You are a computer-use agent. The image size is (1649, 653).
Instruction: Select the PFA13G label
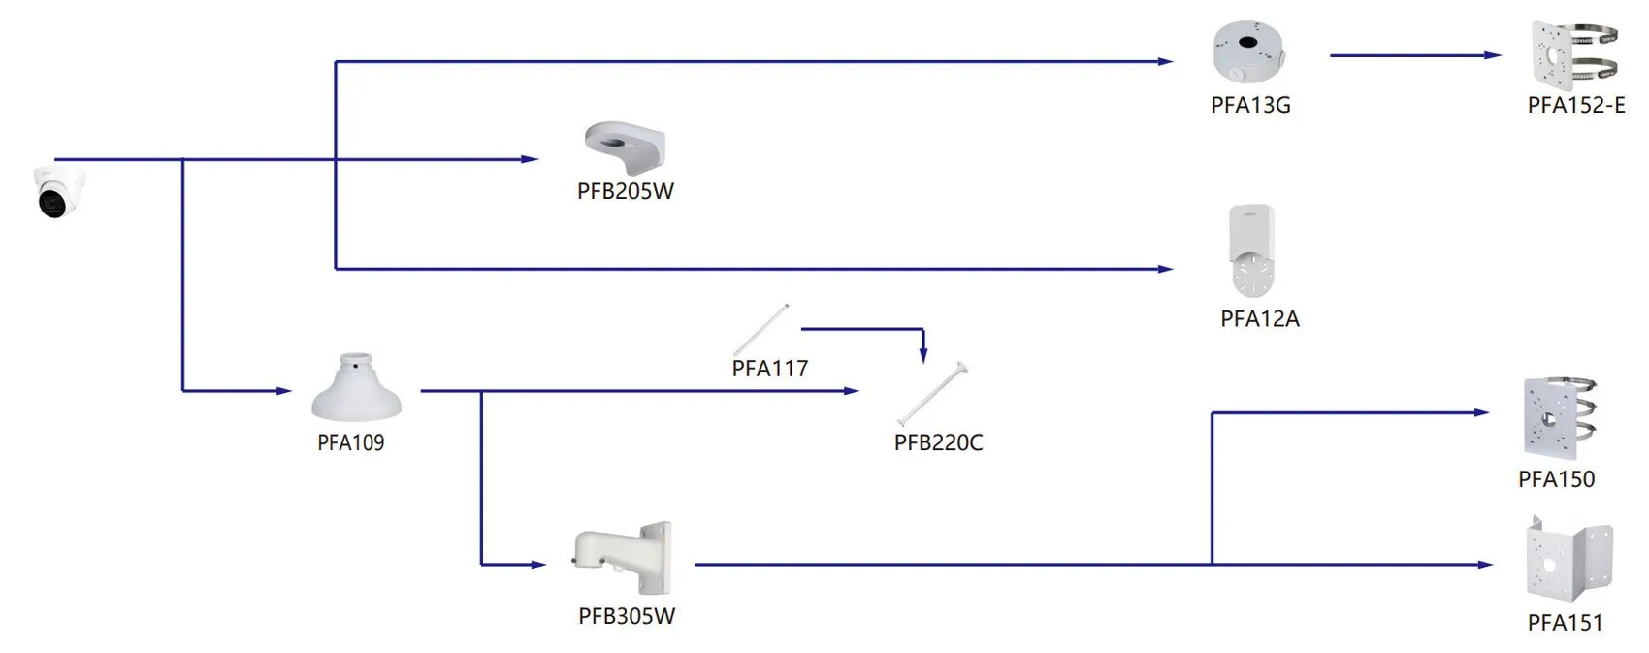tap(1250, 105)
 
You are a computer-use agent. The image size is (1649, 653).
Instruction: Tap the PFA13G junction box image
tap(1249, 50)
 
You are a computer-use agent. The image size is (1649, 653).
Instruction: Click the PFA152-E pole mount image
tap(1574, 55)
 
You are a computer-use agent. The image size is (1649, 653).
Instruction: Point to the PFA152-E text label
tap(1576, 105)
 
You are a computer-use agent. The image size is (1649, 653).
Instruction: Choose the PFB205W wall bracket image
tap(625, 148)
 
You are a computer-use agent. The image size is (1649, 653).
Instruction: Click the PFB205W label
tap(625, 191)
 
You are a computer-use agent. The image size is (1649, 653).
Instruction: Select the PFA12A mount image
tap(1251, 250)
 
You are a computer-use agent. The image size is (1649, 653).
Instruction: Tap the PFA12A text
tap(1260, 319)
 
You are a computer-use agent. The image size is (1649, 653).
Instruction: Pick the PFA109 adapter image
tap(356, 387)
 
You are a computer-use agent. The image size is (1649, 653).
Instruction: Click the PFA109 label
tap(350, 442)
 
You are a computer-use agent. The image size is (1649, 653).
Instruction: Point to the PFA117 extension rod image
tap(761, 330)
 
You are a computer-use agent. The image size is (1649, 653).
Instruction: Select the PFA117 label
tap(770, 368)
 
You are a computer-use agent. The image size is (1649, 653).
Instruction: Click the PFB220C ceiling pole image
tap(933, 393)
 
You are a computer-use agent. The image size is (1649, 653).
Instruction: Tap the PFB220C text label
tap(939, 442)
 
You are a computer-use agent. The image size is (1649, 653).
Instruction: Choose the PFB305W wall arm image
tap(623, 558)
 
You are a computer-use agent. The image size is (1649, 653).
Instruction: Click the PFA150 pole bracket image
tap(1559, 418)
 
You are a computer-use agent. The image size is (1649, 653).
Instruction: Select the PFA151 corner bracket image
tap(1569, 559)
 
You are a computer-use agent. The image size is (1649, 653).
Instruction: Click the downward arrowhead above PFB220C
tap(923, 355)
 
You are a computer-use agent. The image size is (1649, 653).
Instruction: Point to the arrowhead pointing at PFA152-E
tap(1494, 55)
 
